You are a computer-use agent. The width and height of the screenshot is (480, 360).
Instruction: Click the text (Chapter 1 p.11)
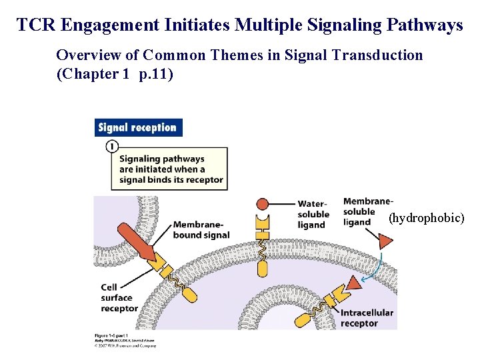click(115, 73)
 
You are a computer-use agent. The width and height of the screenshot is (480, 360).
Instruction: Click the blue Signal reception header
click(138, 127)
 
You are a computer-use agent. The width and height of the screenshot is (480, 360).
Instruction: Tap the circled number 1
click(112, 145)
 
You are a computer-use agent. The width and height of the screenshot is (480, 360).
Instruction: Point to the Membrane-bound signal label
click(201, 229)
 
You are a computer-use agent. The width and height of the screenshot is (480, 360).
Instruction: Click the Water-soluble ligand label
click(313, 214)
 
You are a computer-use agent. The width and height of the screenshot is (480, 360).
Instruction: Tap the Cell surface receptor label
click(119, 297)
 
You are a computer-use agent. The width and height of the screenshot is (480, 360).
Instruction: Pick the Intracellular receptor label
click(367, 318)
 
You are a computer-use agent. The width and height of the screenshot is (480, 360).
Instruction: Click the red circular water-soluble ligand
click(263, 203)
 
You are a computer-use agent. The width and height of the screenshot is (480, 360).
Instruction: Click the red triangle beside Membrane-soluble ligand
click(385, 240)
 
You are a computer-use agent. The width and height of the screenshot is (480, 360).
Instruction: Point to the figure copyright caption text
click(125, 341)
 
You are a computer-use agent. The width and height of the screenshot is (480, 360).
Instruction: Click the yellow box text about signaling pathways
click(171, 169)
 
